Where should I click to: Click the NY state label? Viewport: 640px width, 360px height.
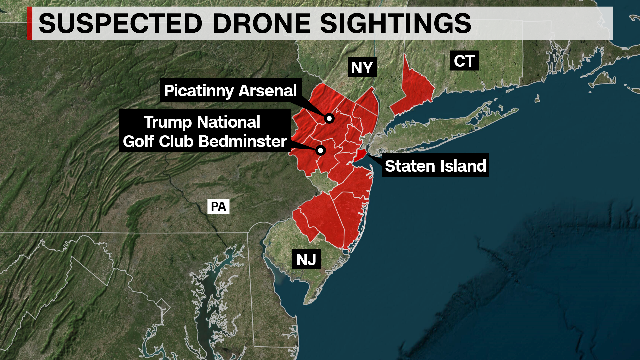[x=362, y=68]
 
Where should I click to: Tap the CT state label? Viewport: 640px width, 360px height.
[x=464, y=61]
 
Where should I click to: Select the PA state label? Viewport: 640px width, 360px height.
[x=218, y=207]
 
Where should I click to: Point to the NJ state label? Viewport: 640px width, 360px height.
[x=306, y=259]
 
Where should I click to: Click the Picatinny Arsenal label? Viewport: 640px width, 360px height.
[x=230, y=91]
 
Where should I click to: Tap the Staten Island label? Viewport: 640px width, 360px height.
[x=435, y=166]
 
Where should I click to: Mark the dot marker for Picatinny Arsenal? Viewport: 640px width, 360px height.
[x=329, y=118]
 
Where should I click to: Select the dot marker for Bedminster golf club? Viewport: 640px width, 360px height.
[x=321, y=150]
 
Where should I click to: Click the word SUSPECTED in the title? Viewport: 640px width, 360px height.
[x=120, y=23]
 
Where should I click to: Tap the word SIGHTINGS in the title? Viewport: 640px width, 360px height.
[x=395, y=23]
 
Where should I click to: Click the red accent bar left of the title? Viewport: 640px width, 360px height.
[x=30, y=23]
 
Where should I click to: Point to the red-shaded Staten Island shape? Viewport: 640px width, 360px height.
[x=360, y=155]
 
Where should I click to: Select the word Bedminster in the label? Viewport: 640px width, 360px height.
[x=243, y=141]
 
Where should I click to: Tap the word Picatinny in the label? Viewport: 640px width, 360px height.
[x=199, y=91]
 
